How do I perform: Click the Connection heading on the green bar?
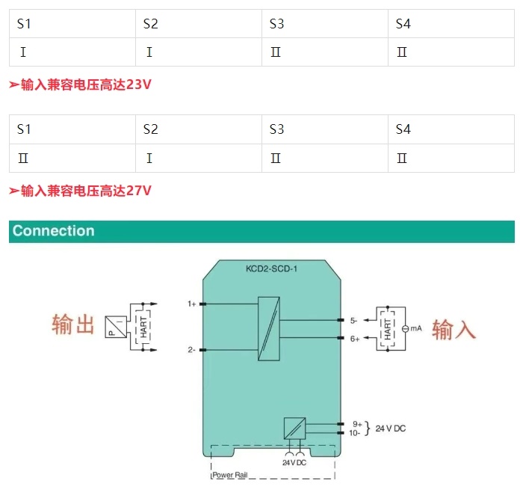[x=54, y=231]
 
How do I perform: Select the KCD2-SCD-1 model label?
[x=271, y=269]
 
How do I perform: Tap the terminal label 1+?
[x=191, y=304]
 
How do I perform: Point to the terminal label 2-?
[x=191, y=349]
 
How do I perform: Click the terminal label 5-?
[x=354, y=320]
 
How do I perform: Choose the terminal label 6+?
[x=355, y=339]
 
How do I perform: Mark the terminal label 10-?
[x=355, y=433]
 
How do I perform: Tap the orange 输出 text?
[x=73, y=325]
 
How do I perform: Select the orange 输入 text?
[x=454, y=330]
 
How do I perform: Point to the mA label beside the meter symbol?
[x=416, y=329]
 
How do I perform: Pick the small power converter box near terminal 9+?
[x=294, y=428]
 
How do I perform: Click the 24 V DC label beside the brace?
[x=391, y=428]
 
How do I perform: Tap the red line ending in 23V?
[x=80, y=85]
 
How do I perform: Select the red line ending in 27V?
[x=80, y=191]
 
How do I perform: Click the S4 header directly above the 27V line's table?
[x=403, y=129]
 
